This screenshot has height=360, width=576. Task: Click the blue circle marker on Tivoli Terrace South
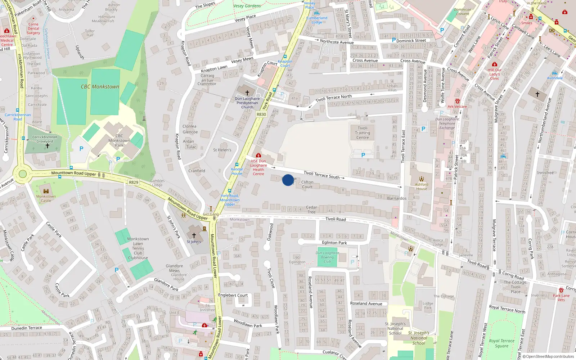point(288,180)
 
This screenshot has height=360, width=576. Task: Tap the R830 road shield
point(261,114)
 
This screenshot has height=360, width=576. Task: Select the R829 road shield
point(134,183)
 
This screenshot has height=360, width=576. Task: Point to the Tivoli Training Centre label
point(363,132)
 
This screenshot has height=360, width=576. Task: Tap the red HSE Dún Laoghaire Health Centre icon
point(258,156)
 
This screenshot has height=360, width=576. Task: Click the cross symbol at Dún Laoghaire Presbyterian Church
point(247,93)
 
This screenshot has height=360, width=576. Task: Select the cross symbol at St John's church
point(194,235)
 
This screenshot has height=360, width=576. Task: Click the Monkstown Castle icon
point(46,191)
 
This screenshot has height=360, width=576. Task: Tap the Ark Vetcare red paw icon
point(457,102)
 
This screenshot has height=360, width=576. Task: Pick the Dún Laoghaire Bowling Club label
point(327,257)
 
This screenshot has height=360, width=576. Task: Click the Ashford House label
point(422,186)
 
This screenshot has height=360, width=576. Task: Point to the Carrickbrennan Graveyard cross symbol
point(47,146)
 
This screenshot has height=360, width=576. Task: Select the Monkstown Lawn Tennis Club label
point(138,248)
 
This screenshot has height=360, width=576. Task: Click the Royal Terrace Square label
point(501,343)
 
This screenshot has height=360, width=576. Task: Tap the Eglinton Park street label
point(334,243)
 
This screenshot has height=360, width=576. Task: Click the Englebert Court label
point(233,295)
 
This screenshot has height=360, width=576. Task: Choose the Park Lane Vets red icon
point(561,290)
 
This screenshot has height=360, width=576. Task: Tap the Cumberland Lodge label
point(317,20)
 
